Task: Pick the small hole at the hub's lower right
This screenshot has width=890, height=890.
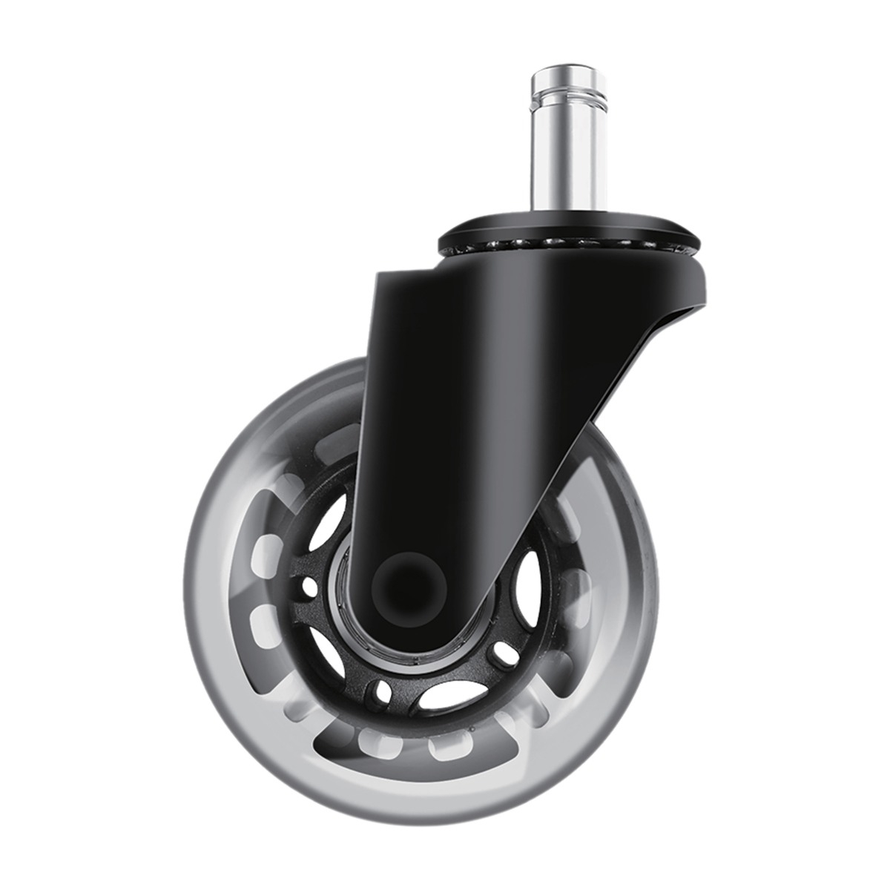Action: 506,653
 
